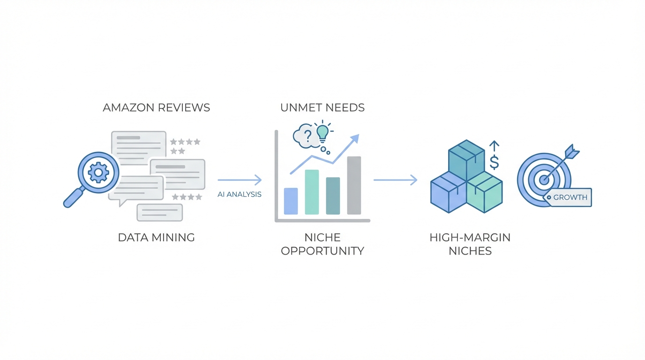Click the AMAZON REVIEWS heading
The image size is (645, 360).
pos(156,107)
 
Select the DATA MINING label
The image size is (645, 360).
pos(156,237)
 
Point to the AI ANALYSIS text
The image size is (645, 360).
pos(240,194)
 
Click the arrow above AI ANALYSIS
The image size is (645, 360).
pos(240,180)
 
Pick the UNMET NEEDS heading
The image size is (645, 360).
pos(322,107)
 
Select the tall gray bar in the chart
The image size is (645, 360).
pos(354,185)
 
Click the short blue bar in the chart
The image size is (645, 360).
pos(291,201)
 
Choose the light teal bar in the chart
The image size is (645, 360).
pos(312,192)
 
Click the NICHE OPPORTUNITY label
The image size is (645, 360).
pos(322,244)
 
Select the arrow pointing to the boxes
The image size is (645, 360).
pos(395,180)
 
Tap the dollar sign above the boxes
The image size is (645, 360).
pos(494,162)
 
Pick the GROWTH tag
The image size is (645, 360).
pos(569,197)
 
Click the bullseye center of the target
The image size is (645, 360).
pos(544,180)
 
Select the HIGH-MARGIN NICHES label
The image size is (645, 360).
pos(470,244)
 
